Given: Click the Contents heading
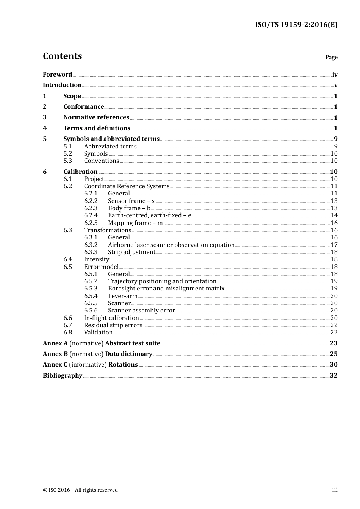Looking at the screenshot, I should point(62,56).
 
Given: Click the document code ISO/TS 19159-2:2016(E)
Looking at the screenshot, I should point(296,25).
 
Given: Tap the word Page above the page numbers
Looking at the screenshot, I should point(331,57).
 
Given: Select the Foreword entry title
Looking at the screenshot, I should point(57,74).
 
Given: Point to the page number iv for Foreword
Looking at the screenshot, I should point(335,75).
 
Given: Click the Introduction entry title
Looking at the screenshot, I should point(62,85).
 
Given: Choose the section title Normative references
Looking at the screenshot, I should point(96,117).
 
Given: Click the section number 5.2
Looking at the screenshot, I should point(68,153).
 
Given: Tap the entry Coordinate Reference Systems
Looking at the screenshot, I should point(127,186).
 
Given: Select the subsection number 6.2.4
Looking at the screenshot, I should point(91,215).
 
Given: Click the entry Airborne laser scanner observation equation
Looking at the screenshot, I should point(171,245).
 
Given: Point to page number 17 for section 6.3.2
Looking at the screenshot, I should point(334,245).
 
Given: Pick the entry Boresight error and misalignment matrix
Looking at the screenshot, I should point(166,288).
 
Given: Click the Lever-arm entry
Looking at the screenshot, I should point(122,296).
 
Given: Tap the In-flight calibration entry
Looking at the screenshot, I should point(111,318).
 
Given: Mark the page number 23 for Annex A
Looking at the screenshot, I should point(333,343).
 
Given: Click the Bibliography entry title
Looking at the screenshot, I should point(63,375).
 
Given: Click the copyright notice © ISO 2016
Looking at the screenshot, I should point(80,490).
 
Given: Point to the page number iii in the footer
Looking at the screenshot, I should point(335,489).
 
